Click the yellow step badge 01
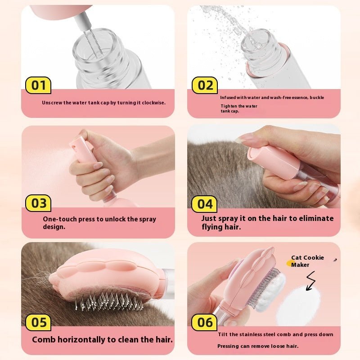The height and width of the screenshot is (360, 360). coord(38,85)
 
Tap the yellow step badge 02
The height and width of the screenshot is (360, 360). coord(205,85)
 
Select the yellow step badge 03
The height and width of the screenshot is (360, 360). coord(38,203)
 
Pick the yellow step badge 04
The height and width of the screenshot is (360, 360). coord(205,204)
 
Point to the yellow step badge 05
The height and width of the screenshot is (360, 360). coord(38,322)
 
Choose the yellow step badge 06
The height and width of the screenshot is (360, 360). coord(205,322)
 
